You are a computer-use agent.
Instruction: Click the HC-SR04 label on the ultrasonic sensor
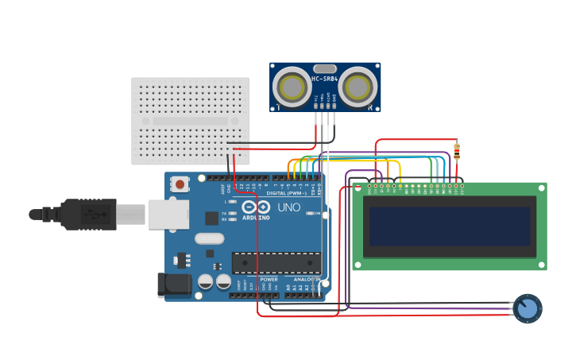click(324, 79)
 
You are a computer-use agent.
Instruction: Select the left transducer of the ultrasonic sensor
click(292, 86)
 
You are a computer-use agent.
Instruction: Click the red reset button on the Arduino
click(180, 184)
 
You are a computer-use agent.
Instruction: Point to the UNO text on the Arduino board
click(288, 207)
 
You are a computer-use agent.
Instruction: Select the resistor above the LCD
click(456, 151)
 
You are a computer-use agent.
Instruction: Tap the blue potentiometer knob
click(527, 308)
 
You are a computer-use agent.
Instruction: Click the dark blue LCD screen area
click(450, 226)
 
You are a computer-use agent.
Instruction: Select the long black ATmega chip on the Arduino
click(276, 262)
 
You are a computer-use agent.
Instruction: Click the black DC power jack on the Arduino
click(175, 285)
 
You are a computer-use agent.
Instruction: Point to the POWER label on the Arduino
click(269, 280)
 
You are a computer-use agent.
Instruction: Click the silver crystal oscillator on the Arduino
click(209, 238)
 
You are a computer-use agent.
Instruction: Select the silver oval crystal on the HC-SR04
click(325, 69)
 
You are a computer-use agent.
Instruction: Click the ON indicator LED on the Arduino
click(307, 213)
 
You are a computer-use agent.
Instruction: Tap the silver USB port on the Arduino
click(168, 214)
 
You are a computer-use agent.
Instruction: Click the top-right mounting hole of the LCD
click(542, 188)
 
